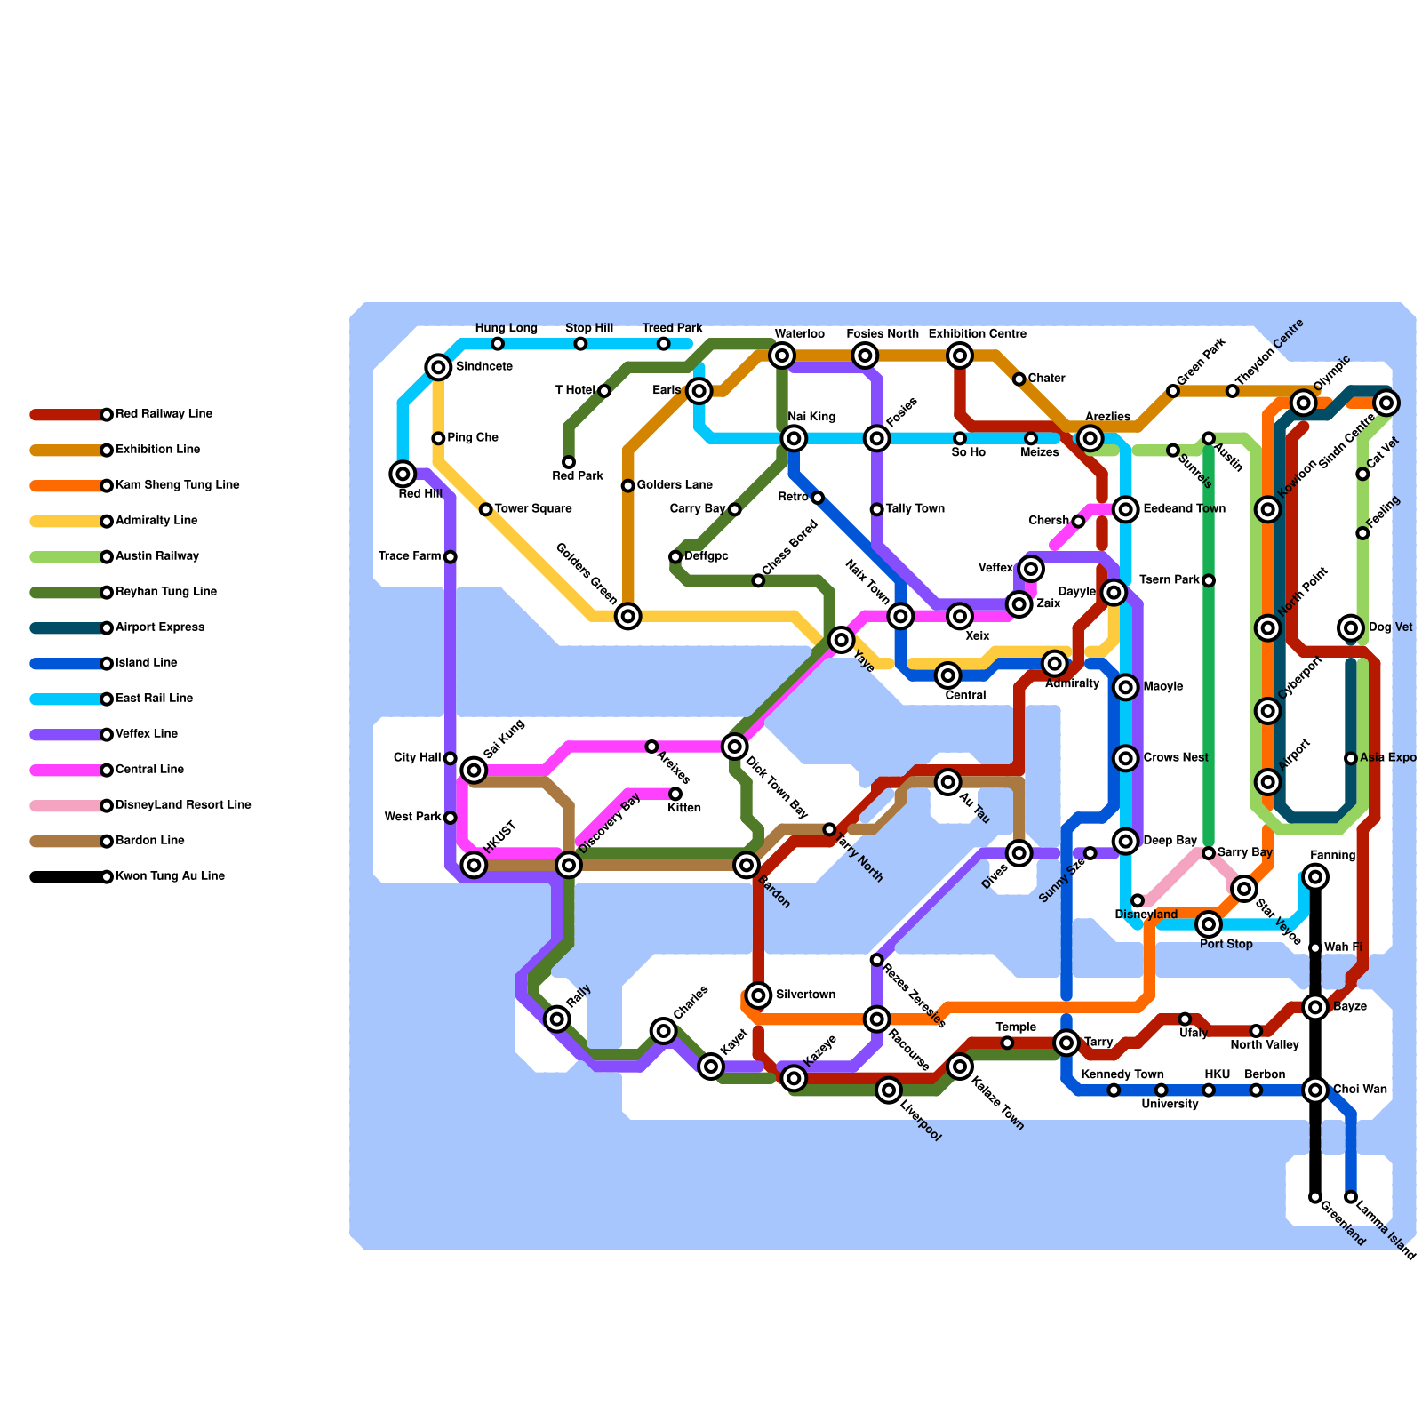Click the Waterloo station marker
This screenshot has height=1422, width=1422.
[782, 356]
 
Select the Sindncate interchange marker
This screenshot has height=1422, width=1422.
[438, 367]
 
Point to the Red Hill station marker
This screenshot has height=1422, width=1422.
[403, 474]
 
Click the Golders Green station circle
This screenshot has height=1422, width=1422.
[628, 616]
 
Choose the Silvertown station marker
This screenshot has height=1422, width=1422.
[758, 995]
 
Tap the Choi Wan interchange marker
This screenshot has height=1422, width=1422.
[1315, 1090]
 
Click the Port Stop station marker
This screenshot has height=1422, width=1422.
[1209, 924]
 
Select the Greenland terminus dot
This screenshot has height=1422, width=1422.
[1315, 1197]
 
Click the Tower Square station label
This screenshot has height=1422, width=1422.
[533, 509]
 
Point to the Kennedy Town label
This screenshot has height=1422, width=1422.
[1122, 1074]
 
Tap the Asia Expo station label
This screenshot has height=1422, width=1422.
[1388, 758]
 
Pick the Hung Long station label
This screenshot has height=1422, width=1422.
[507, 328]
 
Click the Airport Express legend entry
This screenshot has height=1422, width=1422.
[160, 627]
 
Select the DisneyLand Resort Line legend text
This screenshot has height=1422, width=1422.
[183, 805]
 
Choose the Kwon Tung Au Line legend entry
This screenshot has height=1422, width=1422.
[170, 876]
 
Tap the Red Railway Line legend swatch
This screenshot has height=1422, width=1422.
[68, 415]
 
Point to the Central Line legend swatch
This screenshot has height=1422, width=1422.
[68, 771]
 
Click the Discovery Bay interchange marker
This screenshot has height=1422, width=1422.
[569, 864]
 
